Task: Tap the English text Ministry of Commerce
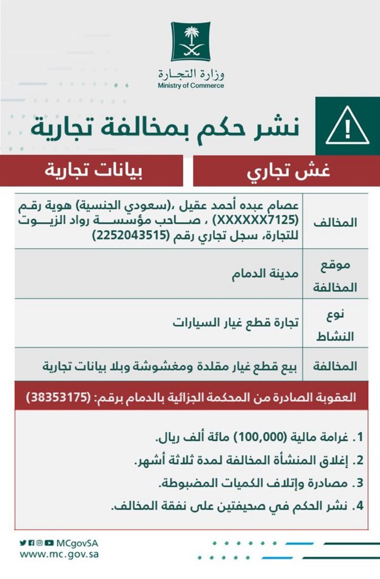[x=191, y=86]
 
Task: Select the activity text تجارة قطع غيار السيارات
[x=236, y=324]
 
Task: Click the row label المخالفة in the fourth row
[x=339, y=366]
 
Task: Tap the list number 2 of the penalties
[x=360, y=460]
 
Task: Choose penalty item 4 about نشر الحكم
[x=237, y=506]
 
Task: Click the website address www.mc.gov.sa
[x=59, y=554]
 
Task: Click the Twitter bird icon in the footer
[x=23, y=543]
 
